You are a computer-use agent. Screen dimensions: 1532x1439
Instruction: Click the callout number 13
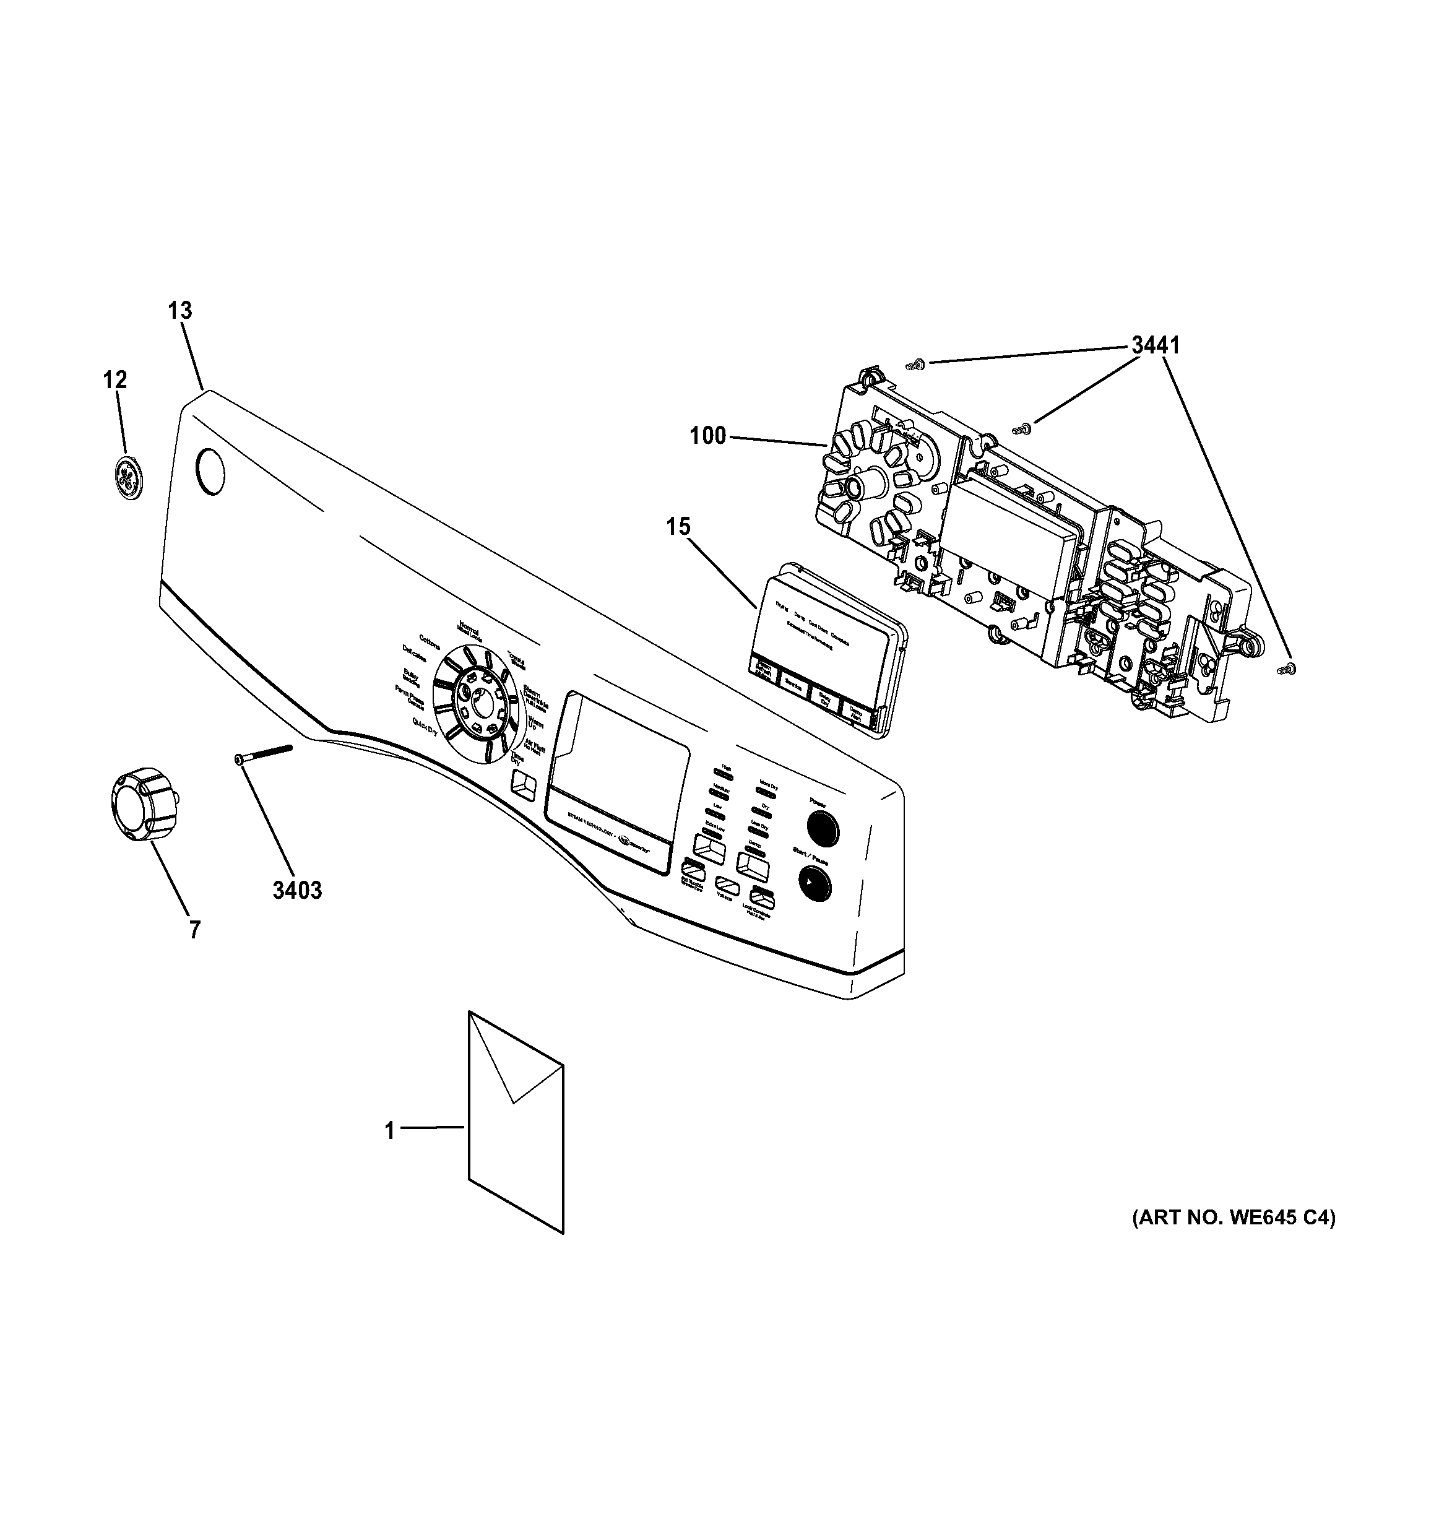[179, 311]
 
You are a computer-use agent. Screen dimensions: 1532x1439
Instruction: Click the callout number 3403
[296, 890]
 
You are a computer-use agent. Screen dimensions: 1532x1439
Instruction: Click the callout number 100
[707, 436]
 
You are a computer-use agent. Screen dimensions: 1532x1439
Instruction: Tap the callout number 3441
[1155, 345]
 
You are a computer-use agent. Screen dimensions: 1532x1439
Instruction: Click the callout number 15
[678, 527]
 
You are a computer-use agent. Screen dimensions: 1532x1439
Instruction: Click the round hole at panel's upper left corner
[210, 472]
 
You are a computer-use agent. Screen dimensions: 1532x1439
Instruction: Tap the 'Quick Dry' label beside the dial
[425, 726]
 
